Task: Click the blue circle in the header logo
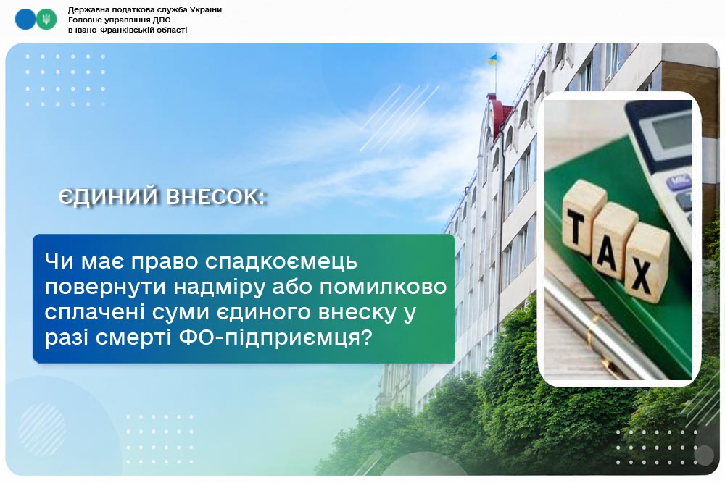coord(25,20)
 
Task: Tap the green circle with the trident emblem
coord(46,20)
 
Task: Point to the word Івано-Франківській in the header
coord(109,30)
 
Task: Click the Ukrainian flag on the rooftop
coord(493,59)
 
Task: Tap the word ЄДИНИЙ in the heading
coord(108,197)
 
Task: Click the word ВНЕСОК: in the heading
coord(216,197)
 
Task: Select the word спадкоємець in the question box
coord(281,262)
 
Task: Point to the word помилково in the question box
coord(384,287)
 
